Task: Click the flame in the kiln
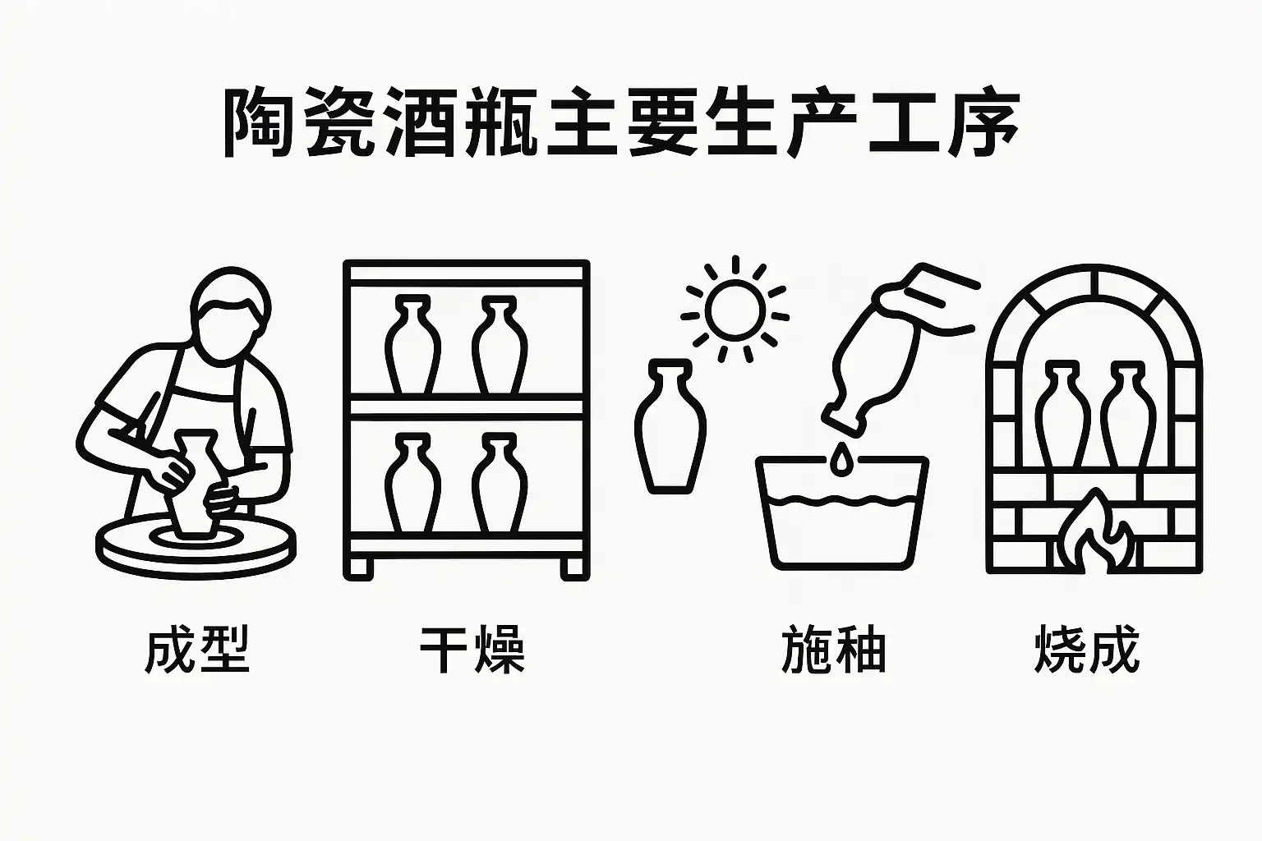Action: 1095,534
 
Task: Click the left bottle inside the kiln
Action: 1057,415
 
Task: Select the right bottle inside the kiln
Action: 1122,415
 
